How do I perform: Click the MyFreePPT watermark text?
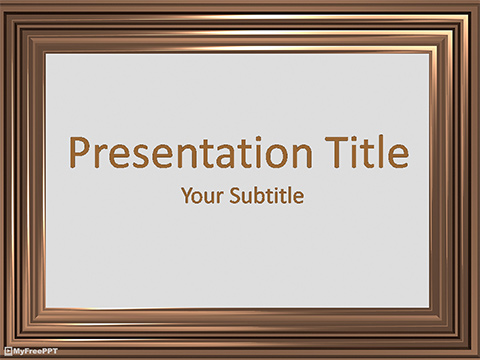click(x=33, y=351)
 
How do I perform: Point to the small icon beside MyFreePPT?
click(x=9, y=351)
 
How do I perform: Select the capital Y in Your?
click(x=187, y=196)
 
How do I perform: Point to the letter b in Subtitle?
click(x=253, y=196)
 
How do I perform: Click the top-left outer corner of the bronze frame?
click(x=1, y=1)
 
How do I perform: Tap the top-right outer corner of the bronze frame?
click(x=478, y=1)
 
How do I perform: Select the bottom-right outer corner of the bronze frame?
click(x=478, y=358)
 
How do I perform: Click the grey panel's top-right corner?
click(x=431, y=51)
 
